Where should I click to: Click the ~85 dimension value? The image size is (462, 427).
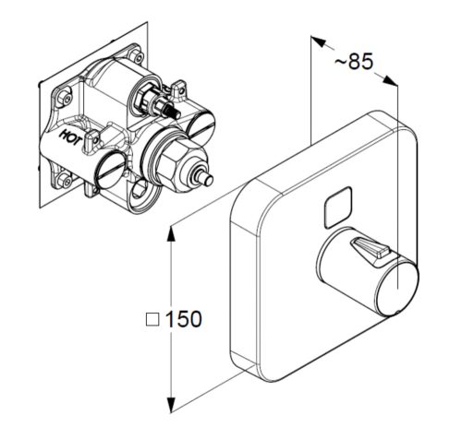354,61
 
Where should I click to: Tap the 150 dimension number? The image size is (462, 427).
184,319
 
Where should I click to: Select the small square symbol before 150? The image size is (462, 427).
152,319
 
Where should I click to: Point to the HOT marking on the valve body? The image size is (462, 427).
70,136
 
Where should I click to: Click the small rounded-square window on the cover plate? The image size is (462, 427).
338,207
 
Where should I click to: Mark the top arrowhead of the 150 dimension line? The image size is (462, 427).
171,235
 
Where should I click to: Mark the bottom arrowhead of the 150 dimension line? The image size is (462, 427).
171,403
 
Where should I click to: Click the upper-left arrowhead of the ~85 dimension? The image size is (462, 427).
319,42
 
